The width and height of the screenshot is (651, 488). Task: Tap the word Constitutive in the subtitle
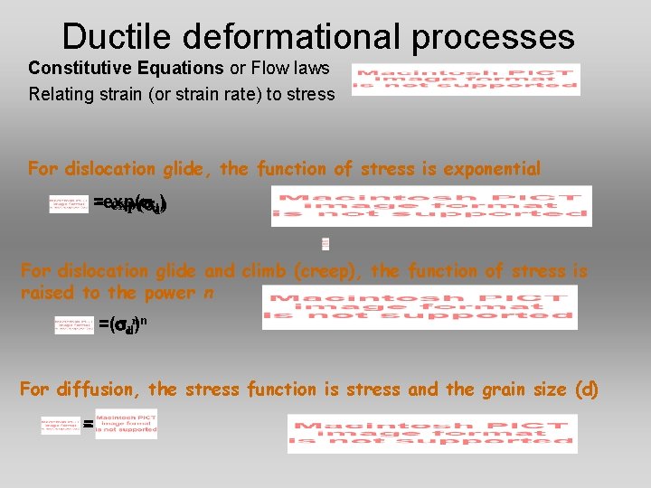77,68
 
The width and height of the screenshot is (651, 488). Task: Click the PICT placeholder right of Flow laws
466,79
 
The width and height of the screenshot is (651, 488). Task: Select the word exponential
489,169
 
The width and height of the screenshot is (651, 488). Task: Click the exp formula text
131,204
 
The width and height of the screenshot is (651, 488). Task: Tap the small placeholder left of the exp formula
69,204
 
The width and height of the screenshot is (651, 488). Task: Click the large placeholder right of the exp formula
431,206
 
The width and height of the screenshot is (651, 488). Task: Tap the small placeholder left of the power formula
74,324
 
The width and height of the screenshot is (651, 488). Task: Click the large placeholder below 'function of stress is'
420,307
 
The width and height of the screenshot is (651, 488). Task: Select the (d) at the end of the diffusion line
587,389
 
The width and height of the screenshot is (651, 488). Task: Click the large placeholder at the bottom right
431,433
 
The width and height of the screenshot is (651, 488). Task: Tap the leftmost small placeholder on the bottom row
61,425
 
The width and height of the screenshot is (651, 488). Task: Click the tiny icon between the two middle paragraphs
325,243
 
